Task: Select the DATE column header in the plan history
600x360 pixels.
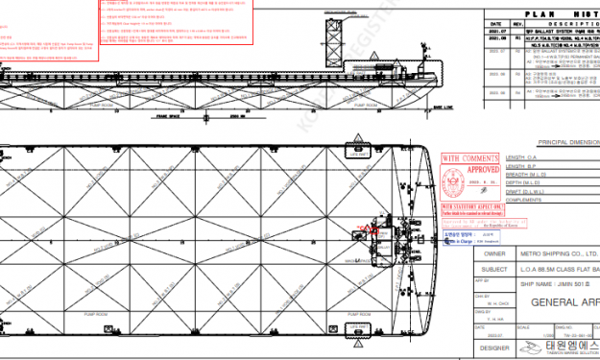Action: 496,24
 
